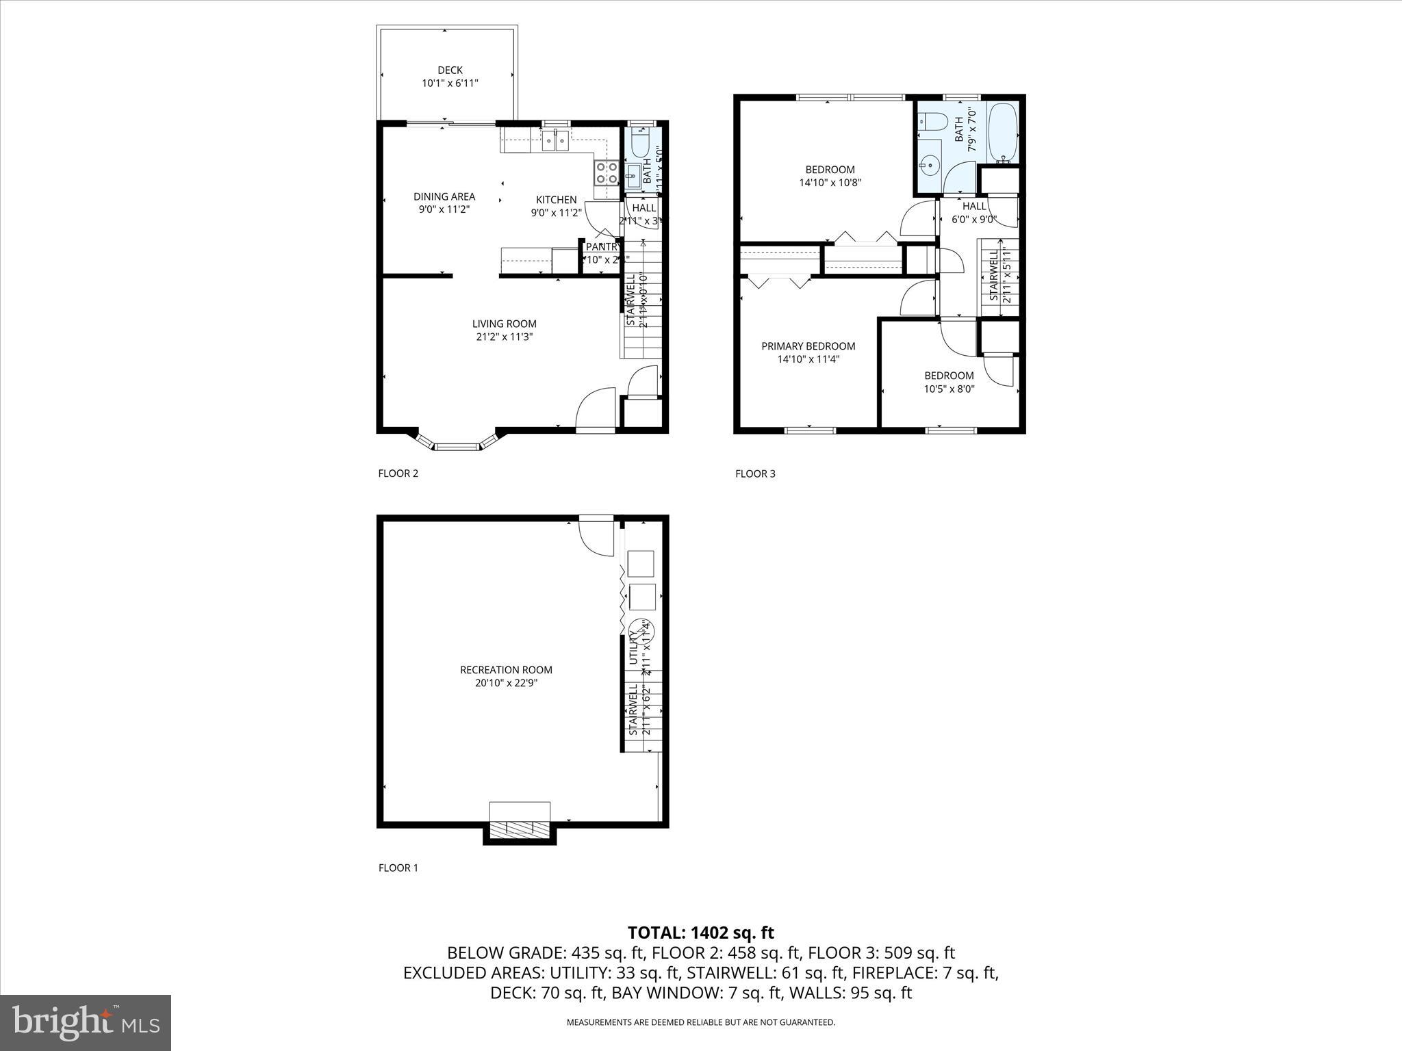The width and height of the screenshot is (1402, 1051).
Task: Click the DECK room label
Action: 450,70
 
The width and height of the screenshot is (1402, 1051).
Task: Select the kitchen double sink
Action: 555,142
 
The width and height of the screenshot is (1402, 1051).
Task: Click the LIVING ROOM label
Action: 504,324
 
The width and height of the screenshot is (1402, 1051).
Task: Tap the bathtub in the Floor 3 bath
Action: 1003,133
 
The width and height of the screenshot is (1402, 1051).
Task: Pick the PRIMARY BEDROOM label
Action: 808,346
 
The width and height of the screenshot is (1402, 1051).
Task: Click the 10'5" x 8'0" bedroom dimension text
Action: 949,389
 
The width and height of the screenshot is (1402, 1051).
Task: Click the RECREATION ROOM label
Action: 506,670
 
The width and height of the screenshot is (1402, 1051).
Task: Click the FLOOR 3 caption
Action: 755,473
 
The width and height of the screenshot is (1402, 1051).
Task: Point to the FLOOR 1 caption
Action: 398,868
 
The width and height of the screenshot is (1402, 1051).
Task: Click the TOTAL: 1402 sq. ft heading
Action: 700,933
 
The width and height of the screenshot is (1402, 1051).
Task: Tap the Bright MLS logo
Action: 86,1022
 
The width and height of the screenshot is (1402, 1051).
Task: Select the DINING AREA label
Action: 444,196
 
